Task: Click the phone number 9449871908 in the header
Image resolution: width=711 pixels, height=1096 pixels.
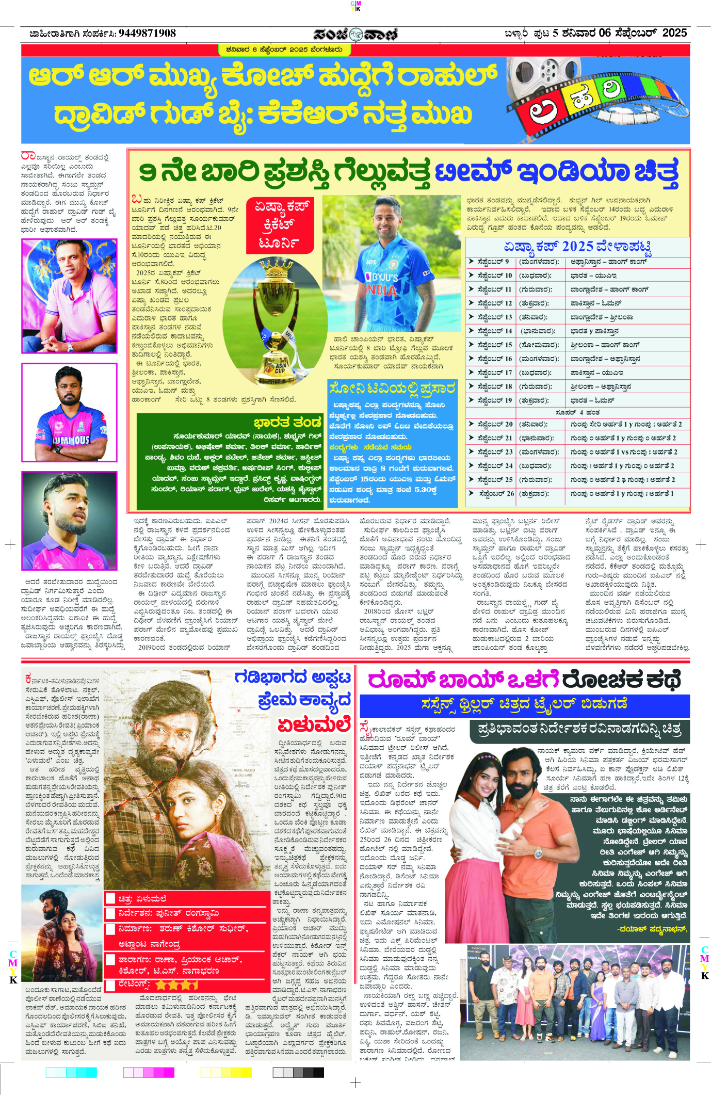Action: (147, 34)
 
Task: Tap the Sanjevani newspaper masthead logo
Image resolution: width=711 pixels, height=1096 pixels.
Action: (355, 34)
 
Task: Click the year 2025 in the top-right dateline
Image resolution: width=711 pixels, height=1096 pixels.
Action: (674, 33)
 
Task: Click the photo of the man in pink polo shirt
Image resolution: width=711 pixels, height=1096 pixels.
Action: (70, 296)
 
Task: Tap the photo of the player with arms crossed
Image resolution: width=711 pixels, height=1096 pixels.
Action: (70, 412)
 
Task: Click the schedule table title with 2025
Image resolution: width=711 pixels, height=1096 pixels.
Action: (577, 246)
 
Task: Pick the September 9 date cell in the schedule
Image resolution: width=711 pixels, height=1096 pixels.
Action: (493, 262)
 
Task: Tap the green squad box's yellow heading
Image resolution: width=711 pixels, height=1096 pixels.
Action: (287, 423)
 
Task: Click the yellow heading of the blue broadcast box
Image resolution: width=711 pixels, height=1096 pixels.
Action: (392, 388)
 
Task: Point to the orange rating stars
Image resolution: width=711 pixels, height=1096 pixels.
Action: (176, 985)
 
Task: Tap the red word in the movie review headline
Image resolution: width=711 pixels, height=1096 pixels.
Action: (313, 726)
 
